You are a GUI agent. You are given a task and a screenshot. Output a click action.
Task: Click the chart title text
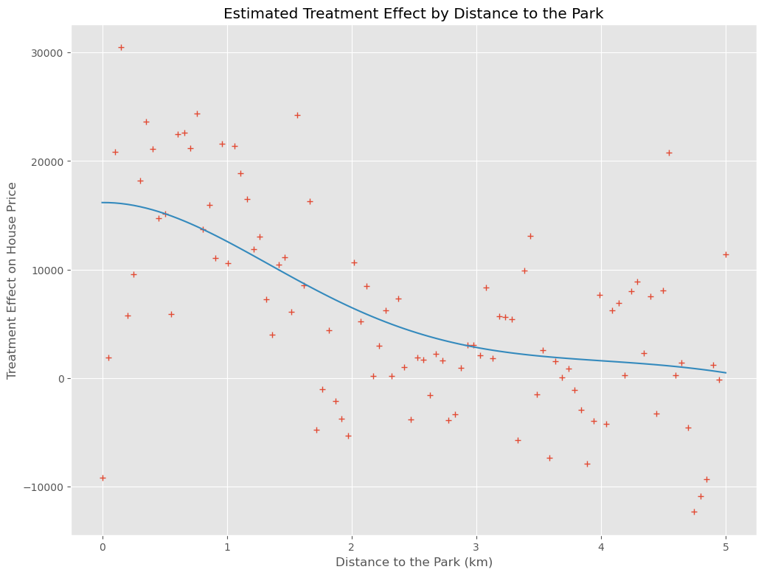(414, 13)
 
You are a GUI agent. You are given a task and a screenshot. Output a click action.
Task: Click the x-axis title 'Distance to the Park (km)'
(414, 562)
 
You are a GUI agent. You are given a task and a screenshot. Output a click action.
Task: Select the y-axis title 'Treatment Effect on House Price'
(12, 280)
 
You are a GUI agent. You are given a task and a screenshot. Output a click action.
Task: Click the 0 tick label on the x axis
(103, 546)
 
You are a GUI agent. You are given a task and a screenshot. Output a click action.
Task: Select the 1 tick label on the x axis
(227, 546)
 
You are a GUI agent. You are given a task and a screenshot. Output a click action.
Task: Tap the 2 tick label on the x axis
(352, 546)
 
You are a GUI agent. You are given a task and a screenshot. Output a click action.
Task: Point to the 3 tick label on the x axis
(476, 546)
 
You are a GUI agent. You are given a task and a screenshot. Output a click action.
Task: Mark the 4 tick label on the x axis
(601, 546)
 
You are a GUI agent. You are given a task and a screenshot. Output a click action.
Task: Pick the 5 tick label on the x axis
(726, 546)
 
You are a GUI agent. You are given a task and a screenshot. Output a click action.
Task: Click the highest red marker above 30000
(121, 47)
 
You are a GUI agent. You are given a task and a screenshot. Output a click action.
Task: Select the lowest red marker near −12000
(694, 512)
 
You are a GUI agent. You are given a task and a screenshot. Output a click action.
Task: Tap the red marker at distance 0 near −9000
(103, 478)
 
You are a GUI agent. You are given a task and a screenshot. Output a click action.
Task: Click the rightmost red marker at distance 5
(726, 254)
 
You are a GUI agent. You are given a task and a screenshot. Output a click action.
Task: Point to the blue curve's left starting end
(103, 202)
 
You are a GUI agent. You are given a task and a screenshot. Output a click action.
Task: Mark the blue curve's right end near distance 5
(726, 372)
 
